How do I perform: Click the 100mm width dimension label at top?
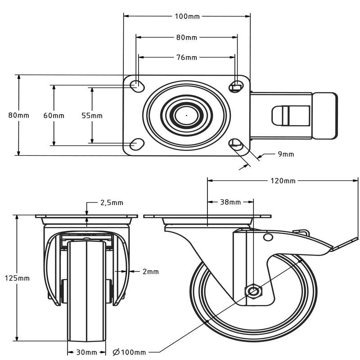coord(187,17)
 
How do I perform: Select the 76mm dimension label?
coord(186,57)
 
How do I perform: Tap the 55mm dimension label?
coord(92,116)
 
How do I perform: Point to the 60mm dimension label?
coord(54,116)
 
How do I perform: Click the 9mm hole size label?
coord(286,154)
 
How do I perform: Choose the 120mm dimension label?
coord(283,181)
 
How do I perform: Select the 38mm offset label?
coord(230,202)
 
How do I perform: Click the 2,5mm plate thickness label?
coord(111,203)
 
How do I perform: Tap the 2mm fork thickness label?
coord(151,271)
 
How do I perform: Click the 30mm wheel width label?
coord(87,352)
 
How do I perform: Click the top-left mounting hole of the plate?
coord(136,85)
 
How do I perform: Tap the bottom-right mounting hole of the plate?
coord(235,144)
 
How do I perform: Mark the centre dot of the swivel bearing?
coord(186,115)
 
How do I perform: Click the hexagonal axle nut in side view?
coord(253,291)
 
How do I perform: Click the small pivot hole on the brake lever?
coord(268,237)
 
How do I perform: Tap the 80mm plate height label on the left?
coord(19,115)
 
